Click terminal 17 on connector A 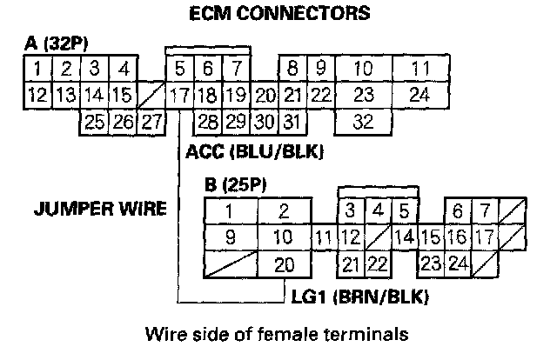(180, 94)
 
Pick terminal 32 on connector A (363, 121)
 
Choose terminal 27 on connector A (151, 121)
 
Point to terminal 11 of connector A (420, 67)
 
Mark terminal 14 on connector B (403, 237)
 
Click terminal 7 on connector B (485, 210)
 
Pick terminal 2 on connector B (283, 210)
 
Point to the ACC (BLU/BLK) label (255, 152)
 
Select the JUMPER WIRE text (97, 210)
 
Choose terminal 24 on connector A (420, 94)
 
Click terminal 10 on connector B (283, 237)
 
